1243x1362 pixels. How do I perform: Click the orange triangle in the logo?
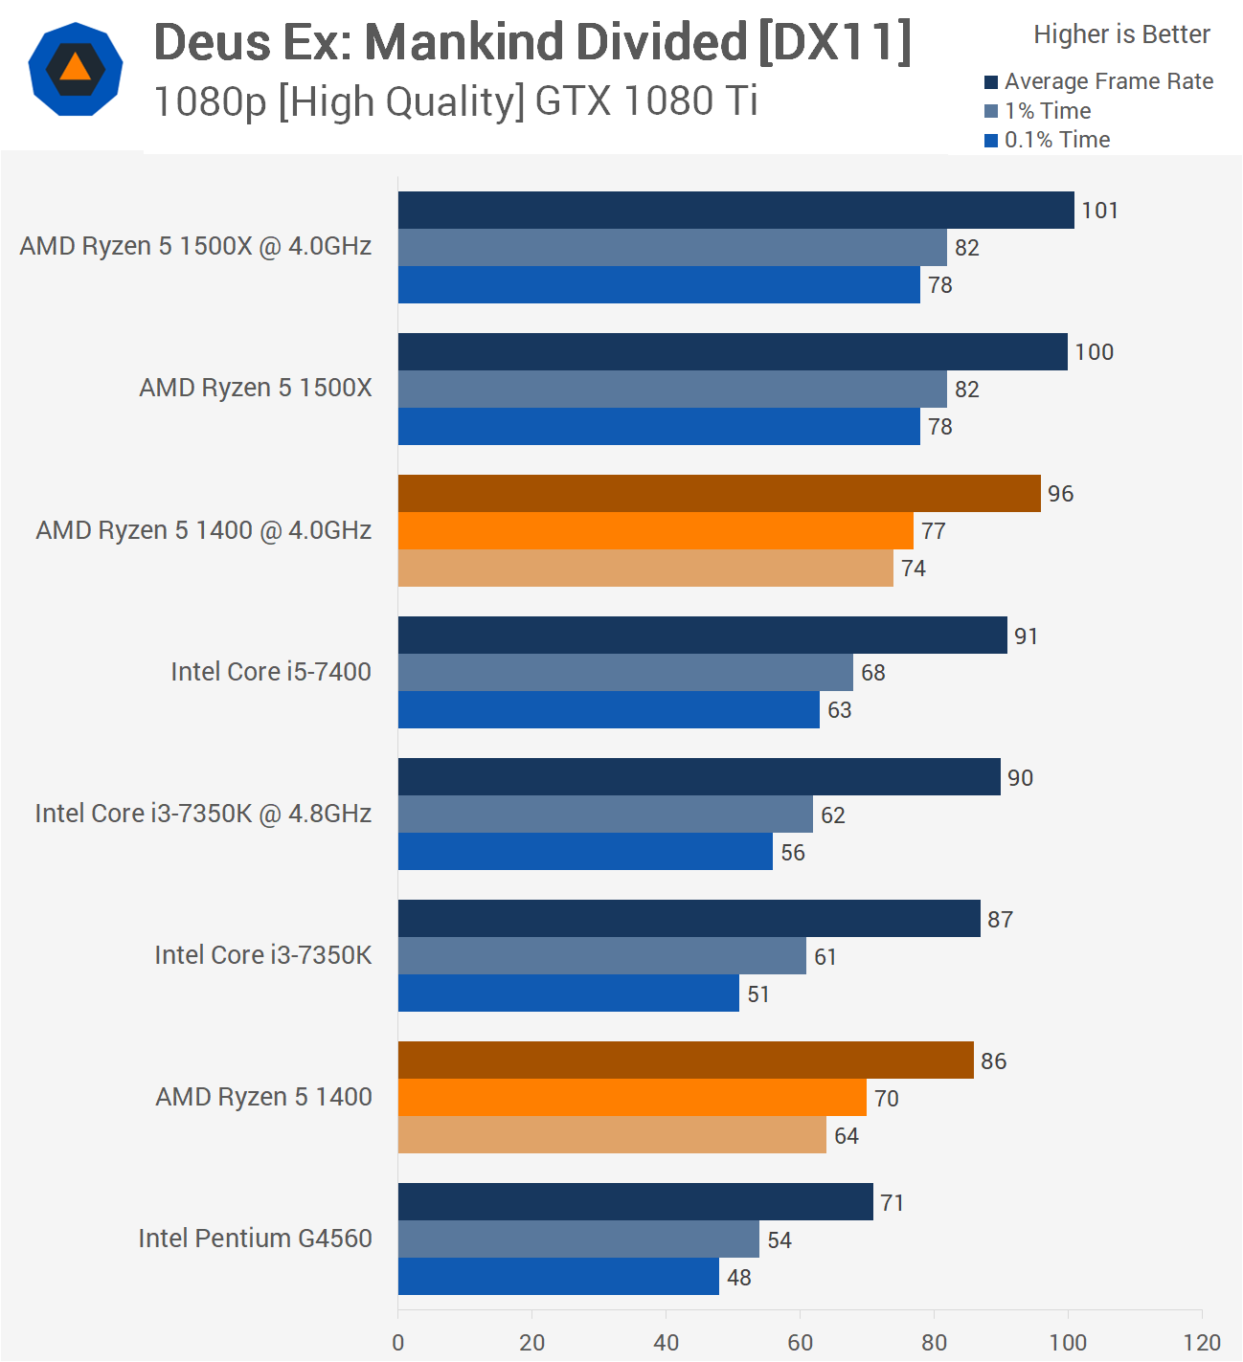75,68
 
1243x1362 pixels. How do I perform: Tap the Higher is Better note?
1121,34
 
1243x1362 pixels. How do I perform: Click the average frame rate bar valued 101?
735,210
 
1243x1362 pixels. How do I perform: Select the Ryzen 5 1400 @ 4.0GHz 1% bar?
655,530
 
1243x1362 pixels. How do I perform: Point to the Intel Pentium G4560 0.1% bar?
558,1277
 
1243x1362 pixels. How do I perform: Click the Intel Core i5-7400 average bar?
702,636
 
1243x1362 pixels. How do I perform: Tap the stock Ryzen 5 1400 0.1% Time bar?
612,1135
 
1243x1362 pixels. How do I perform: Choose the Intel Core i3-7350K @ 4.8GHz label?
203,814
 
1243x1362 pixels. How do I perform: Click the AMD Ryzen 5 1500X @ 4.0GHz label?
195,246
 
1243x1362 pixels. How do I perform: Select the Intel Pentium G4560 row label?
255,1239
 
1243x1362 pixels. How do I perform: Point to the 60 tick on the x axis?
800,1342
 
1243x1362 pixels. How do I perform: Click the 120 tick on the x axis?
1202,1342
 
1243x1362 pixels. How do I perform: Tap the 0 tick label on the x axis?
398,1342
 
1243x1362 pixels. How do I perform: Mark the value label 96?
1060,494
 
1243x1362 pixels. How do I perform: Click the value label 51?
758,994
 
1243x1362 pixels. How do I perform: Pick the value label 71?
892,1203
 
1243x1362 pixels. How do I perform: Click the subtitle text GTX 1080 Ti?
646,101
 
